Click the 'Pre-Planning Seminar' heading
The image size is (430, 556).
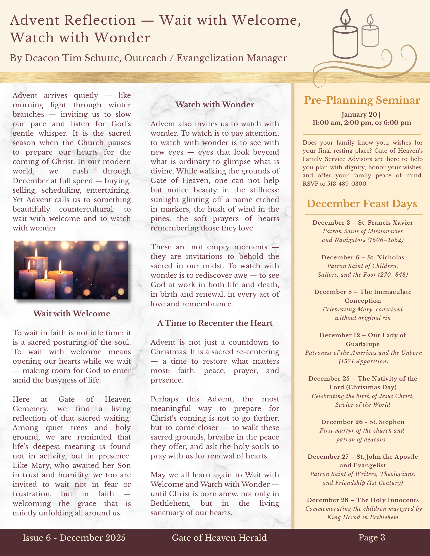(362, 100)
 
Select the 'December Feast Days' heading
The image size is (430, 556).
(362, 203)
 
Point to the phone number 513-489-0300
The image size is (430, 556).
(347, 183)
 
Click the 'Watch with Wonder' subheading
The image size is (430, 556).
(215, 105)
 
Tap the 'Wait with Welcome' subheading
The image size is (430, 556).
(72, 314)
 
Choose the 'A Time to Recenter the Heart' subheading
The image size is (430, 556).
(215, 323)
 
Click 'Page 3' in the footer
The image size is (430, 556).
(372, 537)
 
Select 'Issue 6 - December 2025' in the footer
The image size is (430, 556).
(74, 538)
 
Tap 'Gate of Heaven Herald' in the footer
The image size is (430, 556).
(219, 538)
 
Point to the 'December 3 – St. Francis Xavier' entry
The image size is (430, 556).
(363, 222)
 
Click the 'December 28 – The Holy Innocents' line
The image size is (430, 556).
(363, 500)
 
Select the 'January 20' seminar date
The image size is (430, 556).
(359, 115)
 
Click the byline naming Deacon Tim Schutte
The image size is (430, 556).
(148, 58)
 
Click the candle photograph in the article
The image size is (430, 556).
(71, 270)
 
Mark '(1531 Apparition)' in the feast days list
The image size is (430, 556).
(363, 361)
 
